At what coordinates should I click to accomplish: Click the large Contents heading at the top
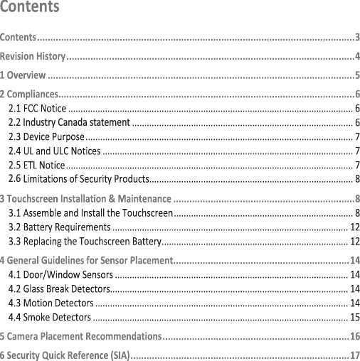pos(30,9)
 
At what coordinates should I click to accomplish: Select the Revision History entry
pos(33,55)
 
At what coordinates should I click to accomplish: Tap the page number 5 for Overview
pos(356,75)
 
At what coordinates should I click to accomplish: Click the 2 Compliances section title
pos(29,95)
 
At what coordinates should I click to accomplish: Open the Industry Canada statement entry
pos(69,122)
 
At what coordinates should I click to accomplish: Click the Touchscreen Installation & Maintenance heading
pos(86,198)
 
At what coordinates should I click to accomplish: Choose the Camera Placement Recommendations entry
pos(80,335)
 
